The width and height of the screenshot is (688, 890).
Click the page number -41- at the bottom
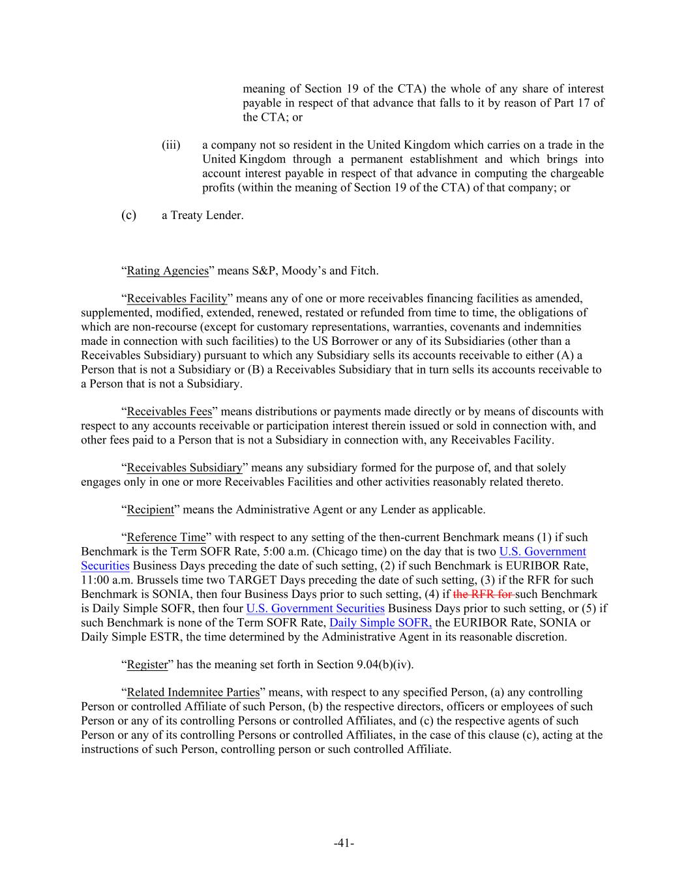(x=344, y=843)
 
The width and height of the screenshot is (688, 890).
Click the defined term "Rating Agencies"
(x=168, y=271)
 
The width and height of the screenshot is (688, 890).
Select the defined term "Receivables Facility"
(x=177, y=299)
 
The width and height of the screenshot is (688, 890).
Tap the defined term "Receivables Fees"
(x=169, y=411)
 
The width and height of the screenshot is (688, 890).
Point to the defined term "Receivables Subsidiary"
(x=184, y=467)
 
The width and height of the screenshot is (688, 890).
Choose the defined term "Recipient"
(x=150, y=509)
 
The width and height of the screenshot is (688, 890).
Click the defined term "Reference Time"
(x=166, y=537)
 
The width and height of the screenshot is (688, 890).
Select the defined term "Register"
(x=147, y=664)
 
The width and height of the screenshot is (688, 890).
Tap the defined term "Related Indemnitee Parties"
(x=193, y=692)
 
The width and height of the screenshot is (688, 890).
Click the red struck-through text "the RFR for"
(x=483, y=594)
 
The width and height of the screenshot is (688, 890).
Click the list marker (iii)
(x=171, y=145)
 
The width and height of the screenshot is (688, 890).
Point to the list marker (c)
(x=129, y=215)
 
